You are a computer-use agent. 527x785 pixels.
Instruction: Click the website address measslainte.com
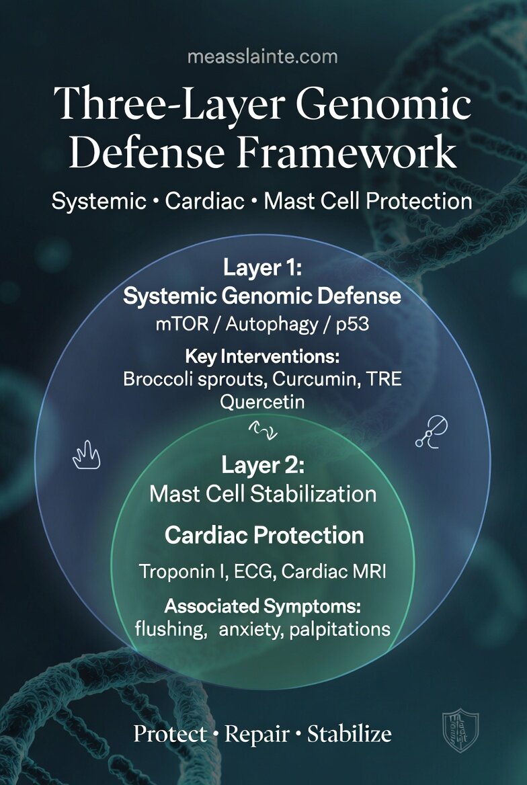click(263, 56)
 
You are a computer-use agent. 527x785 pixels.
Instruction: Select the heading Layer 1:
click(263, 270)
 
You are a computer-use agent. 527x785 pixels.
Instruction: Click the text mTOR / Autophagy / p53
click(263, 325)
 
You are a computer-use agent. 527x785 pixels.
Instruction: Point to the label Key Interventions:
click(263, 356)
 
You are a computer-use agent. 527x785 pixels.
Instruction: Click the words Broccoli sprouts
click(178, 379)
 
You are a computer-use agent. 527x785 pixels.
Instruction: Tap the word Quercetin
click(263, 402)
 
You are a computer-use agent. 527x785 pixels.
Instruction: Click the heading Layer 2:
click(263, 465)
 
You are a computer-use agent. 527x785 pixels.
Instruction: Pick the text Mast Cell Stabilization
click(263, 494)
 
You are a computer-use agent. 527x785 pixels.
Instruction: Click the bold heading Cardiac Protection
click(264, 536)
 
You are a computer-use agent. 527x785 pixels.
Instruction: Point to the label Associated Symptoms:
click(263, 607)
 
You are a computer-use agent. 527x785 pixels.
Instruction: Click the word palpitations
click(340, 630)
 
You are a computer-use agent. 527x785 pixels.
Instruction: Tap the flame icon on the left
click(86, 458)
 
